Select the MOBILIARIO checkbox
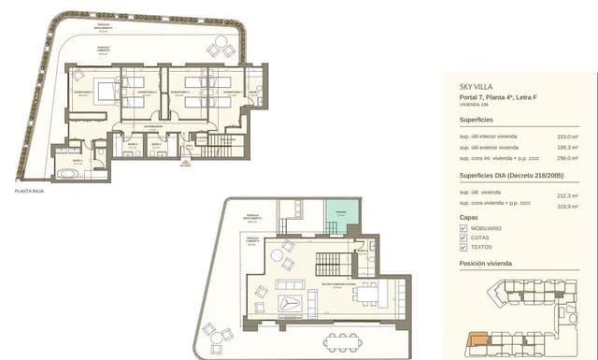(x=463, y=228)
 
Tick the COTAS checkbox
(x=463, y=238)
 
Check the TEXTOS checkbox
(x=463, y=249)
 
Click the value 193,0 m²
(x=568, y=137)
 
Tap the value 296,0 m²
(x=568, y=158)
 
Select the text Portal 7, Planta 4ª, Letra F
(x=498, y=97)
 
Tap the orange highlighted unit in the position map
(x=477, y=341)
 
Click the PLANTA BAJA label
(x=30, y=190)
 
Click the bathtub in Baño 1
(x=66, y=171)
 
